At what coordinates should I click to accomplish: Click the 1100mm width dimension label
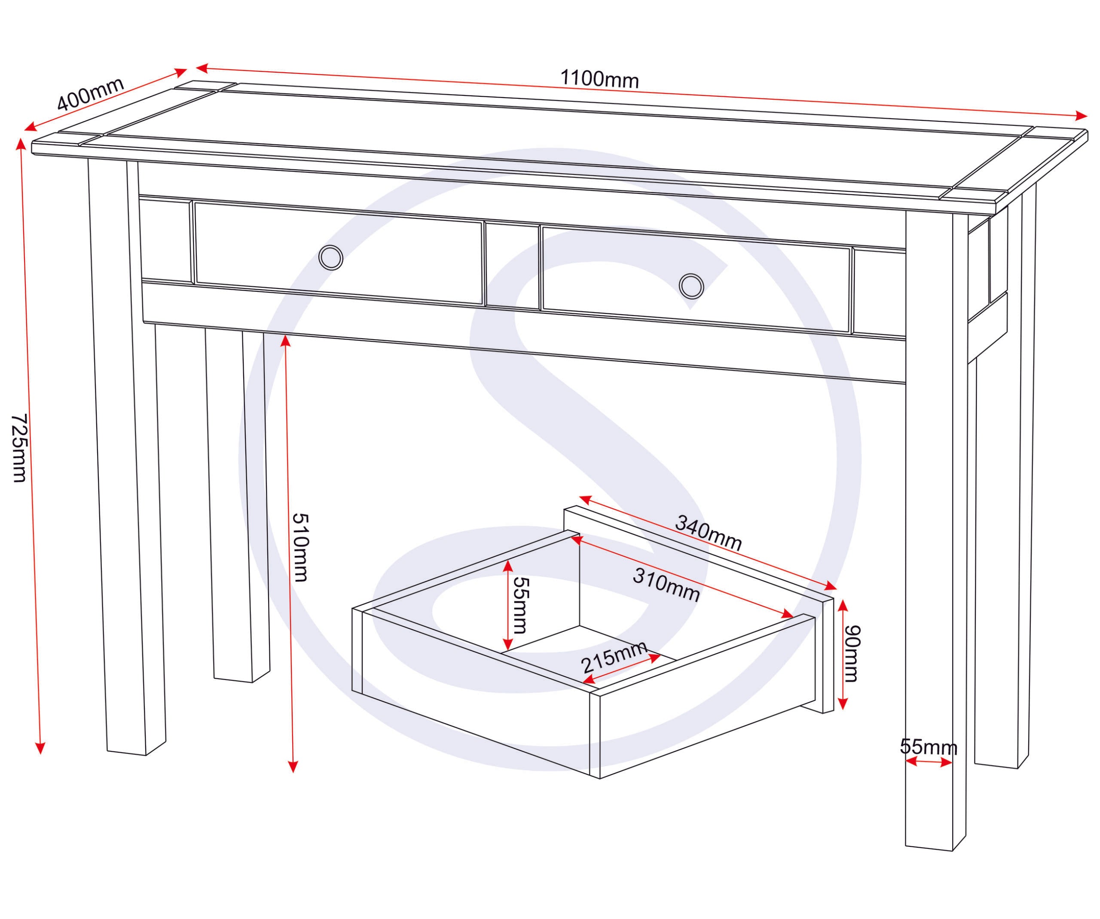(599, 79)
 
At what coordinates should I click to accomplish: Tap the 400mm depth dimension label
(90, 94)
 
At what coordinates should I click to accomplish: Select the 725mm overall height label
(19, 448)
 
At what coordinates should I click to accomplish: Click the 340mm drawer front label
(708, 533)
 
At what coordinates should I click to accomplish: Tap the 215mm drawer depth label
(614, 658)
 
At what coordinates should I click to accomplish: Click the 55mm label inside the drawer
(521, 605)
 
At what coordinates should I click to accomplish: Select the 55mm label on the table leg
(928, 747)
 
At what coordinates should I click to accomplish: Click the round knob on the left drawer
(330, 258)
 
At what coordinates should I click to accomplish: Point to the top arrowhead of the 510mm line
(285, 340)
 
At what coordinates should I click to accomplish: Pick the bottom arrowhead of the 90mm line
(842, 704)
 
